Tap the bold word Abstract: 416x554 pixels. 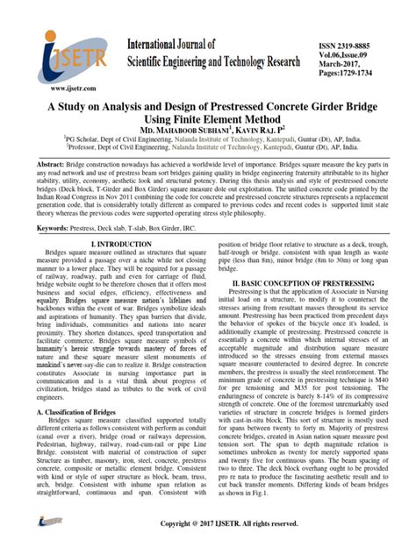click(x=54, y=165)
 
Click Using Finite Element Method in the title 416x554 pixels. click(x=207, y=116)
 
